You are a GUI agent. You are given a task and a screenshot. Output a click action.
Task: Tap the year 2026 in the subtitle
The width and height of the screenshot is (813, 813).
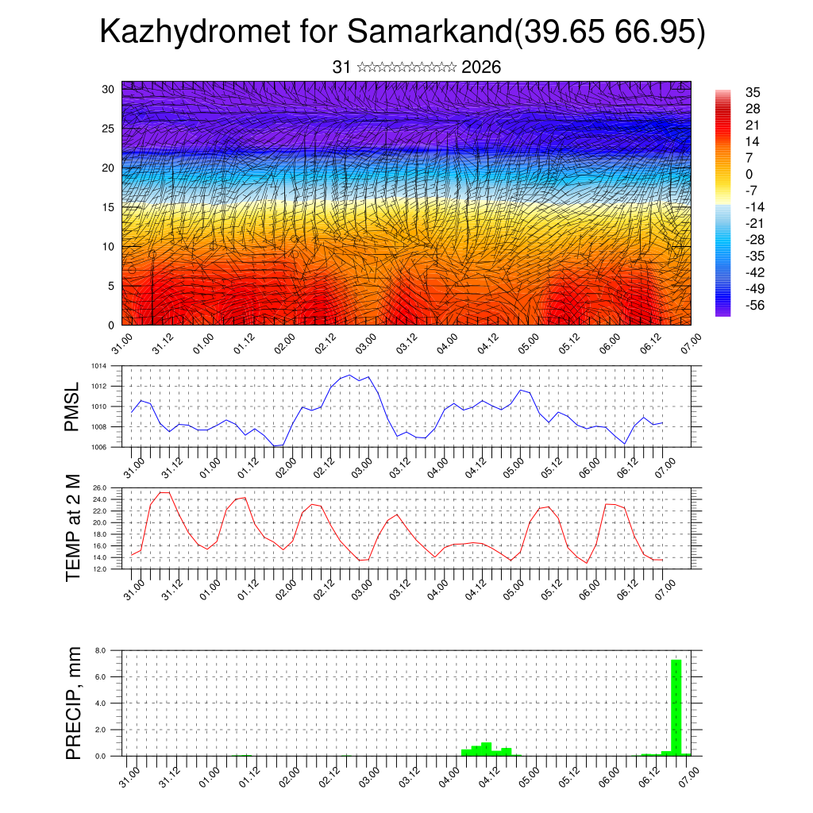coord(481,67)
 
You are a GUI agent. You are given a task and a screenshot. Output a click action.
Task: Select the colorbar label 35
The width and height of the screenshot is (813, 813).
coord(753,92)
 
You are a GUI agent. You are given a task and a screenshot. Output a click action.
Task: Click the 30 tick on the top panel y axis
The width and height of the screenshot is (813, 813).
coord(108,89)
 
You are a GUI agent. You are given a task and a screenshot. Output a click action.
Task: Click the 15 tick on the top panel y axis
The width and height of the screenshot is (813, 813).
coord(108,207)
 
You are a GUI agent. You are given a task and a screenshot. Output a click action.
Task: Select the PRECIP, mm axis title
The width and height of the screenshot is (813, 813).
coord(73,703)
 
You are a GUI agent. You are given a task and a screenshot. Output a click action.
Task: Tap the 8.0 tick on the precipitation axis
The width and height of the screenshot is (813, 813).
coord(101,650)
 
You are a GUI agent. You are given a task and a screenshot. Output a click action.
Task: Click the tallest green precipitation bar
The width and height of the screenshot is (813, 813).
coord(676,707)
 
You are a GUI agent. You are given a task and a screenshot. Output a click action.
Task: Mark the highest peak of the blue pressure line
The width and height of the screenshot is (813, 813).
coord(349,376)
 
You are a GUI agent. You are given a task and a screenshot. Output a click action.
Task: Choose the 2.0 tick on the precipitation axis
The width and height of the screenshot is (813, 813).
coord(101,730)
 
